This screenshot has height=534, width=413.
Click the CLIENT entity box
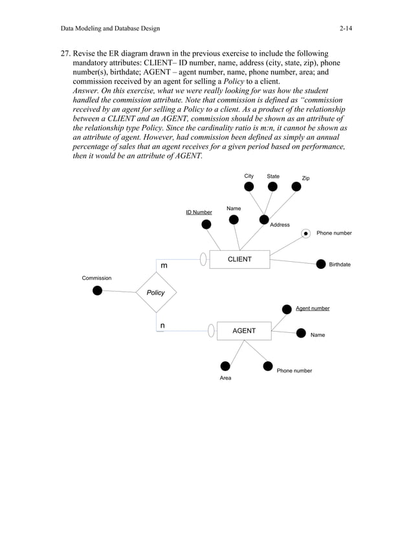pos(240,259)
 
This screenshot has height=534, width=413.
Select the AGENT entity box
pos(244,331)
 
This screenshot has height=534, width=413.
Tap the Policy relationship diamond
pos(155,292)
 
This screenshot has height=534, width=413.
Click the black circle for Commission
pos(97,290)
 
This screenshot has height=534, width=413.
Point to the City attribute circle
pos(249,187)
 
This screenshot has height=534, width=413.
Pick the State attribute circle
pos(273,187)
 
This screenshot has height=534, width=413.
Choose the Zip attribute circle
pos(296,186)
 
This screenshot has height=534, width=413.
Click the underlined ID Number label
pos(199,212)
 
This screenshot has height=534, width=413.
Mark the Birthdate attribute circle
pos(320,264)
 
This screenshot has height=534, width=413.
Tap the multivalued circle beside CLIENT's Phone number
pos(306,233)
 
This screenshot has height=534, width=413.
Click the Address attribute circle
pos(264,219)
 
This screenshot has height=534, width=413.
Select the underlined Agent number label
pos(313,308)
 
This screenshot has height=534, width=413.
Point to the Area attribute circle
pos(225,366)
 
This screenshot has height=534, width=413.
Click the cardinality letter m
pos(164,266)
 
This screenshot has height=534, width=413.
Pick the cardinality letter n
pos(162,326)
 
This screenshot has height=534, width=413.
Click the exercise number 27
pos(65,53)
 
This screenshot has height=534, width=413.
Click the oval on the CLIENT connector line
pos(203,259)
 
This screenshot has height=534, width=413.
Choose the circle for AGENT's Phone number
pos(268,367)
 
